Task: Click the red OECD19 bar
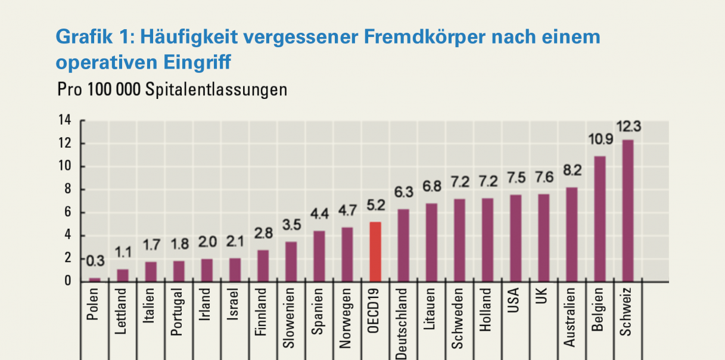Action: pos(375,251)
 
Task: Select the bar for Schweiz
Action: pos(627,210)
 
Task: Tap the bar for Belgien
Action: pos(599,218)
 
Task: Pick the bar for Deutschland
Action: pos(403,245)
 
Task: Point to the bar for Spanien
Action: pos(319,256)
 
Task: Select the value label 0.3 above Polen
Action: pos(95,261)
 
